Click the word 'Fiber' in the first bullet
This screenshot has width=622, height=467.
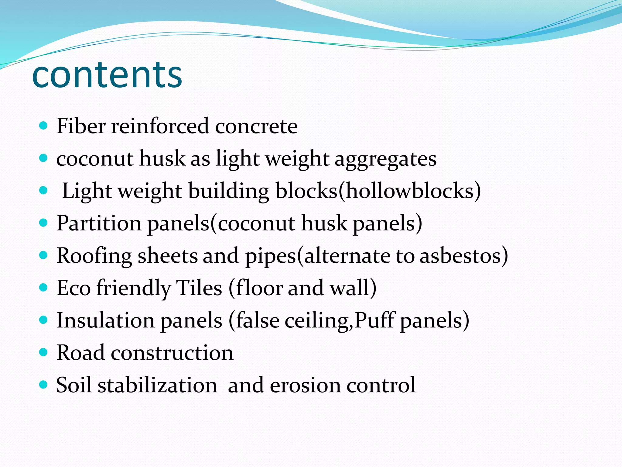(x=81, y=126)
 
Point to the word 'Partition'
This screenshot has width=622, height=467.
(x=99, y=223)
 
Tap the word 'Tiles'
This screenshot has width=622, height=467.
(x=199, y=288)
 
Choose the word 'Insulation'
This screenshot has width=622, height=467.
(x=105, y=320)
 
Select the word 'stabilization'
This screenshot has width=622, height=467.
(x=157, y=385)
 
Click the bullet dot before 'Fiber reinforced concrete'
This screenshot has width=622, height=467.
(x=44, y=125)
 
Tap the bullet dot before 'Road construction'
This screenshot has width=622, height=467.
(x=44, y=352)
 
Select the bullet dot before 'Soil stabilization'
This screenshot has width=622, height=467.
(x=44, y=385)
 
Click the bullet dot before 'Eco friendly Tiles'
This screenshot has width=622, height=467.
(x=44, y=287)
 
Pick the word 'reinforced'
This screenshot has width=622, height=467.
(x=160, y=126)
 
